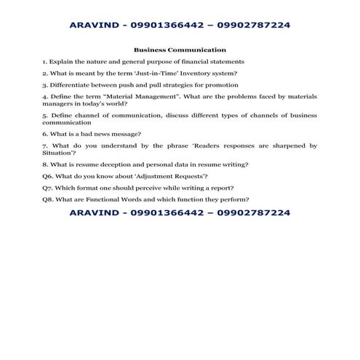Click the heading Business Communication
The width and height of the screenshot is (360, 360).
click(x=180, y=51)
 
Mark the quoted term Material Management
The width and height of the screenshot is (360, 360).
click(x=137, y=96)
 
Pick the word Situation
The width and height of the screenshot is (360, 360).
click(x=57, y=153)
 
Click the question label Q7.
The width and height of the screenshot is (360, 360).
click(x=47, y=188)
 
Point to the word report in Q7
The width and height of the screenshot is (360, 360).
click(x=219, y=188)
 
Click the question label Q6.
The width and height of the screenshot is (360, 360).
click(x=47, y=176)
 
